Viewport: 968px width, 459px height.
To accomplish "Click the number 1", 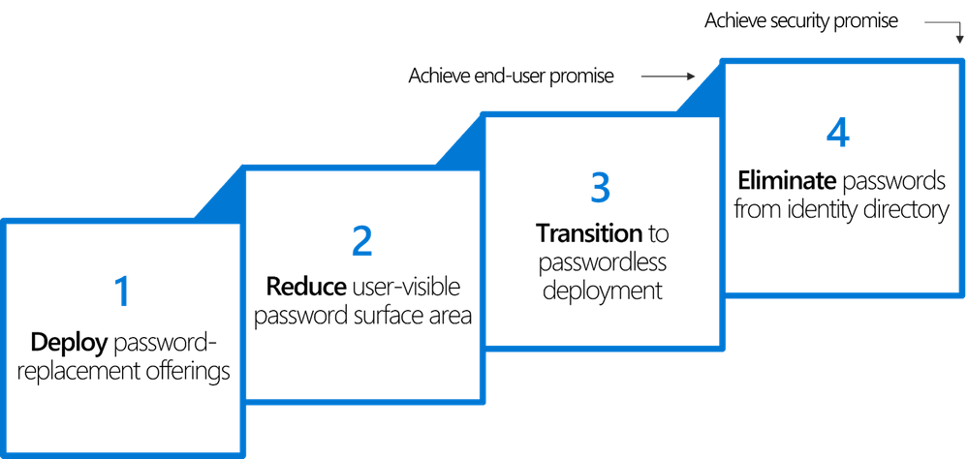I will click(x=121, y=291).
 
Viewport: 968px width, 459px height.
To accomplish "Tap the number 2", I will click(x=361, y=241).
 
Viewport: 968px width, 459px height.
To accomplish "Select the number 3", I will click(x=600, y=188).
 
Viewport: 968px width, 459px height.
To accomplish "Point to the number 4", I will click(x=837, y=133).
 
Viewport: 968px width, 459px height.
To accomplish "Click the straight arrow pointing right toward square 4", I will click(x=669, y=76).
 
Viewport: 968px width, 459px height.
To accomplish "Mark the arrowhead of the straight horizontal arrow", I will click(x=692, y=76).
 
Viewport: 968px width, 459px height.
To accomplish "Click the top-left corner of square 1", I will click(x=4, y=222).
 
